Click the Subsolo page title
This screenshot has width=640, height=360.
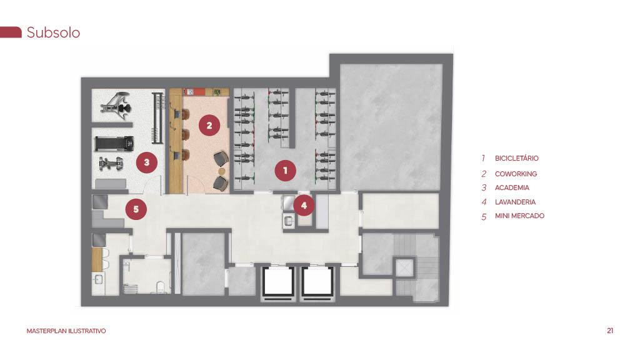click(x=53, y=32)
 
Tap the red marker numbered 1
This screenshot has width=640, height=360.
click(x=285, y=170)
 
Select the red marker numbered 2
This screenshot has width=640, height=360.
click(x=209, y=125)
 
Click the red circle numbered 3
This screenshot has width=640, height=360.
click(x=146, y=162)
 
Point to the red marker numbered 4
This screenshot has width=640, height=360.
click(x=304, y=205)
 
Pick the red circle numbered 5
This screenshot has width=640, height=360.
click(x=136, y=209)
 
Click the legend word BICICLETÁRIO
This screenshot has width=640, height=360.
click(x=517, y=158)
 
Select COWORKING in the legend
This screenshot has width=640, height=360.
click(x=516, y=174)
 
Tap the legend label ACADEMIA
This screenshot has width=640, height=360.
click(x=512, y=187)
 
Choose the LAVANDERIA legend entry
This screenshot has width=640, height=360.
click(x=515, y=202)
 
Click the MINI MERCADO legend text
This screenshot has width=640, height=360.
click(x=519, y=216)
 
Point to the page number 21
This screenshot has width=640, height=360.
click(x=610, y=331)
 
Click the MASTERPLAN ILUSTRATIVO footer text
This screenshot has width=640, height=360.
click(x=66, y=331)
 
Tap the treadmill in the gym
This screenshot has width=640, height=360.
click(x=114, y=144)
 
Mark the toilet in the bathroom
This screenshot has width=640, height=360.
click(x=161, y=287)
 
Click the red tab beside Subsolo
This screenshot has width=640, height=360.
click(x=11, y=32)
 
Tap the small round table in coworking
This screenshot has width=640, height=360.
click(x=222, y=171)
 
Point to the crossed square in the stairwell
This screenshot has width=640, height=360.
click(x=404, y=268)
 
